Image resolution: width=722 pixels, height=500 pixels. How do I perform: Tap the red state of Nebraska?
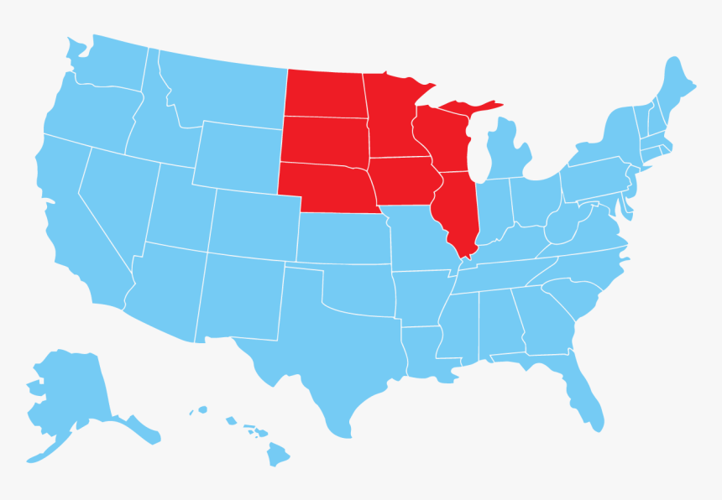tap(327, 187)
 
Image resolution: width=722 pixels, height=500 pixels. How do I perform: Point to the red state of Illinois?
tap(458, 210)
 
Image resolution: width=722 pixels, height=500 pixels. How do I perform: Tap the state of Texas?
tap(327, 352)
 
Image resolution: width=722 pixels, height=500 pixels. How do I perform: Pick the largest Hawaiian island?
tap(278, 454)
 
